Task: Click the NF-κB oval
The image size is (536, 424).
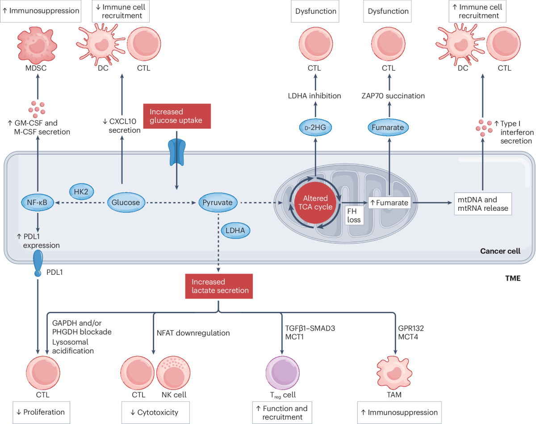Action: [x=38, y=202]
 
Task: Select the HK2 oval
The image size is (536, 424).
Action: [x=81, y=192]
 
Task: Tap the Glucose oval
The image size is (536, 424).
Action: [x=126, y=202]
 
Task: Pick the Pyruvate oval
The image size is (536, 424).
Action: [x=218, y=202]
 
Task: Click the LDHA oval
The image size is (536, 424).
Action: [x=235, y=231]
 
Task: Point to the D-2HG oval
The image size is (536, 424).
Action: [x=315, y=127]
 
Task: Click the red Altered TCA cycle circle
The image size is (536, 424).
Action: [x=315, y=202]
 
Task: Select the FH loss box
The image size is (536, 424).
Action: [x=354, y=215]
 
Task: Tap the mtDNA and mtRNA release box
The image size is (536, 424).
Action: [x=483, y=204]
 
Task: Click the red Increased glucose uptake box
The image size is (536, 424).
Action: [x=177, y=116]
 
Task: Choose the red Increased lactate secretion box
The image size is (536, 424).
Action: [x=219, y=286]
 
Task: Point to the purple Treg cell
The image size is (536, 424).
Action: [x=283, y=373]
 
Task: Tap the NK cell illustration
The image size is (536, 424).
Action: [x=173, y=373]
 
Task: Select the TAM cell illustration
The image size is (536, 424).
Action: [x=394, y=373]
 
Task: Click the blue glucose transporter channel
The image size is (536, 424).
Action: [x=177, y=152]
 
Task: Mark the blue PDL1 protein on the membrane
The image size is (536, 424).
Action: [x=38, y=263]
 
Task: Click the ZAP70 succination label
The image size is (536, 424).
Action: [x=393, y=96]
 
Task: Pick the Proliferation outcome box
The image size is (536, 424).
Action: [x=42, y=412]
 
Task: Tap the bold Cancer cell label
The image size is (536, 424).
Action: [x=500, y=251]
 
